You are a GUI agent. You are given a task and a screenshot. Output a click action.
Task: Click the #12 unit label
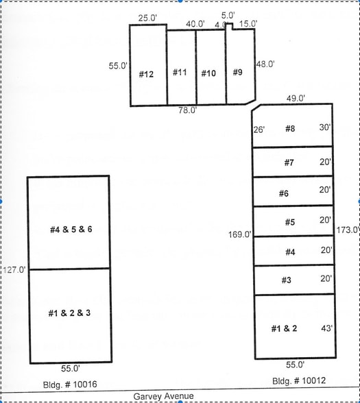click(x=146, y=74)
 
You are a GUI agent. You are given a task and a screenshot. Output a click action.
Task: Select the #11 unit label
click(x=180, y=73)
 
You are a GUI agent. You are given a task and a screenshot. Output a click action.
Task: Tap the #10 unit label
click(x=208, y=73)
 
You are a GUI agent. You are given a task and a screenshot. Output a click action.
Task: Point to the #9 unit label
click(x=237, y=73)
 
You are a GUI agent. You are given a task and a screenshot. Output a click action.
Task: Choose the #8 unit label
click(x=289, y=128)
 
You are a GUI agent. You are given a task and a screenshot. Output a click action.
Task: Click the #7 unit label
click(x=289, y=163)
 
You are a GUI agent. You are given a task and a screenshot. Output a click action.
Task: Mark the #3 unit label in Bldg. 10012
click(x=286, y=280)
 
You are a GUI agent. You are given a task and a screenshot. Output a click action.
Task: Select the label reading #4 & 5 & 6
click(x=71, y=229)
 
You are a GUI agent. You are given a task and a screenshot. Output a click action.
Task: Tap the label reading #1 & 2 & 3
click(x=69, y=313)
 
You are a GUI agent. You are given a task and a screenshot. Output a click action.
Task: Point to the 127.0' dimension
click(x=14, y=270)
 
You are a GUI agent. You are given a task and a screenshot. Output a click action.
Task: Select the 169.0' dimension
click(x=239, y=234)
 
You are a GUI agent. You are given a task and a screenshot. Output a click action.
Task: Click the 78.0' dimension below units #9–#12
click(x=188, y=110)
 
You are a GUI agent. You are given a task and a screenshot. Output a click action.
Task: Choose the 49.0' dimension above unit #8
click(x=296, y=98)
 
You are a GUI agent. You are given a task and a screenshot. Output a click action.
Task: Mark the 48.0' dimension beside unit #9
click(x=265, y=64)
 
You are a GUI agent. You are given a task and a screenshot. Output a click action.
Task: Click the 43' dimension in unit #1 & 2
click(x=326, y=329)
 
